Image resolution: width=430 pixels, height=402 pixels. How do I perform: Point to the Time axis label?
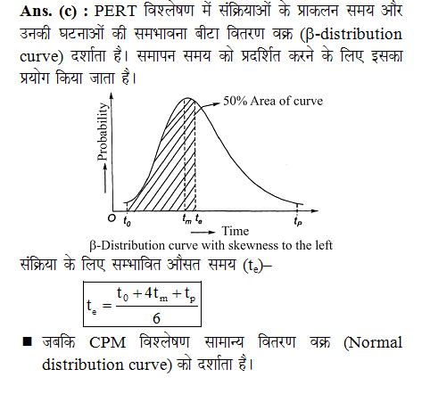pos(235,230)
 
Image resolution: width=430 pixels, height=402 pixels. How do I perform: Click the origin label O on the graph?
pos(111,217)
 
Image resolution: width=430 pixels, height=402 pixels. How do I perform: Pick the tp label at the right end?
pos(297,219)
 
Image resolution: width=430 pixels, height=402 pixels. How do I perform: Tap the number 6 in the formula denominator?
pos(156,318)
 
